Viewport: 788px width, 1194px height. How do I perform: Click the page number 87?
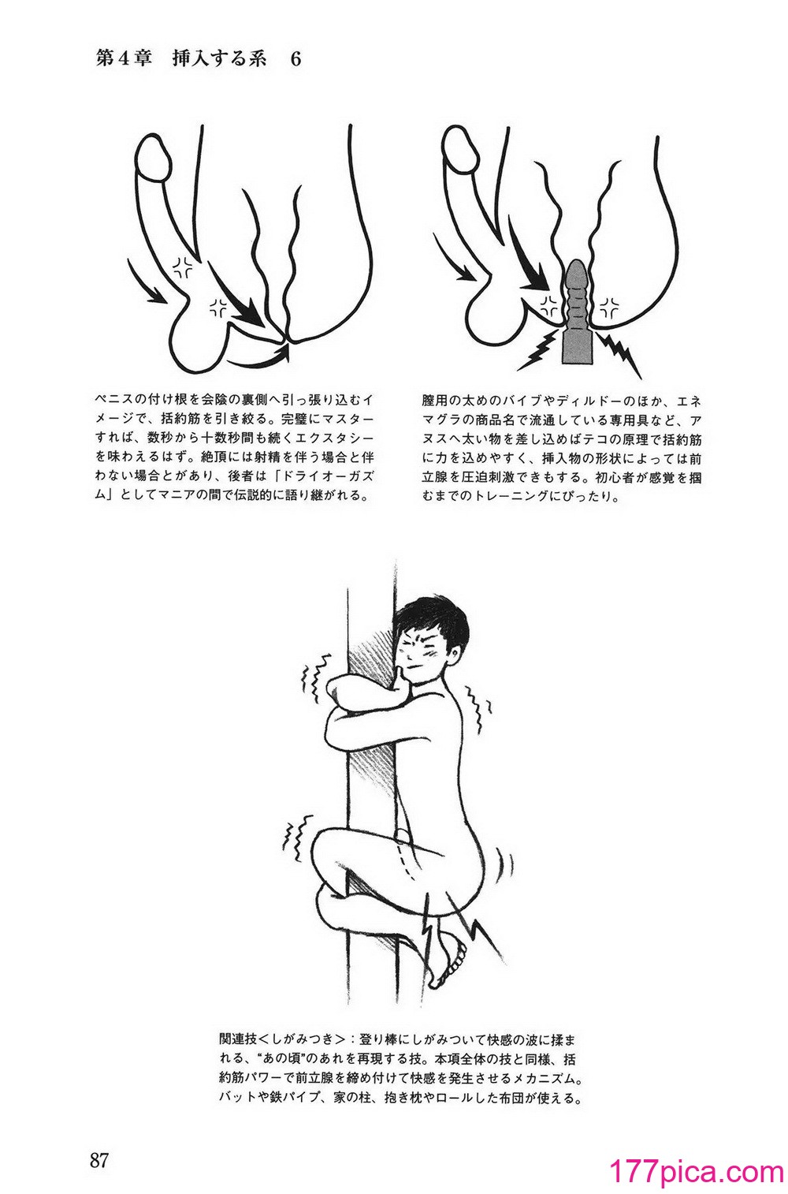pos(98,1159)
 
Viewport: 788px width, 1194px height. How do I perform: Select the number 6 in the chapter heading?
pos(295,61)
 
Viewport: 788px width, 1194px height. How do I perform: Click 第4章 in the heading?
pos(122,61)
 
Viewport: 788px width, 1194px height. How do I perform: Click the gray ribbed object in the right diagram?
pos(575,315)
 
